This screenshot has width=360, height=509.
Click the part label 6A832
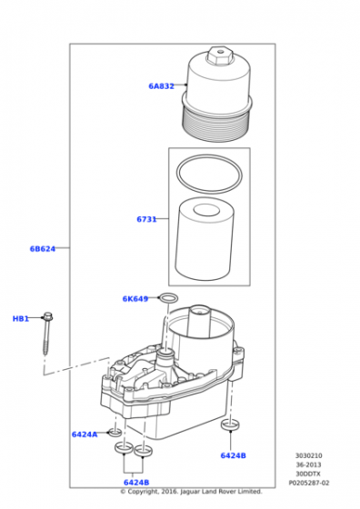point(161,86)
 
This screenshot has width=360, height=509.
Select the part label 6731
point(146,219)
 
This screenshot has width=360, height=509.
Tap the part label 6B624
point(43,249)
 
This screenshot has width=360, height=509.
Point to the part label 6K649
point(135,299)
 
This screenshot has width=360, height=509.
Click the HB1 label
point(21,319)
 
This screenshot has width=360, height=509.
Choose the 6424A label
point(85,434)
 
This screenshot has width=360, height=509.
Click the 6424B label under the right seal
point(233,455)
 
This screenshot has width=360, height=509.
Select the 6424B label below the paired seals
point(136,483)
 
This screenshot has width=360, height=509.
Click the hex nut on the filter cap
point(219,55)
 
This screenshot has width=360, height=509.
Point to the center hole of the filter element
point(206,210)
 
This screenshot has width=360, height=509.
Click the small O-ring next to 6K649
point(168,294)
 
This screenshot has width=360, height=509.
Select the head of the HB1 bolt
point(47,316)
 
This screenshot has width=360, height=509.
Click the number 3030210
point(309,455)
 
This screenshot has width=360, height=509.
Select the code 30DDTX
point(308,474)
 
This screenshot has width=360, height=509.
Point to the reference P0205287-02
point(309,483)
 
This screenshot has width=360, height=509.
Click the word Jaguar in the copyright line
point(190,492)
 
